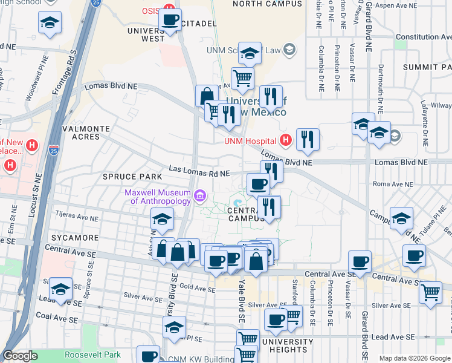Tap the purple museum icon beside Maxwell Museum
pos(200,195)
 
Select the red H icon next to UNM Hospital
pos(286,140)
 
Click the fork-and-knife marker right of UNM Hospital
pos(308,140)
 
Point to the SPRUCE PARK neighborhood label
pos(132,177)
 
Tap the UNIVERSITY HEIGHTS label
pos(287,346)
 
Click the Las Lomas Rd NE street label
pos(199,173)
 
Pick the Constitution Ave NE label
pos(423,37)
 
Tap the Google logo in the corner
pos(21,356)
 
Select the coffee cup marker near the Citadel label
pos(170,21)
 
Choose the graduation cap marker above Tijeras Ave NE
pos(163,220)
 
